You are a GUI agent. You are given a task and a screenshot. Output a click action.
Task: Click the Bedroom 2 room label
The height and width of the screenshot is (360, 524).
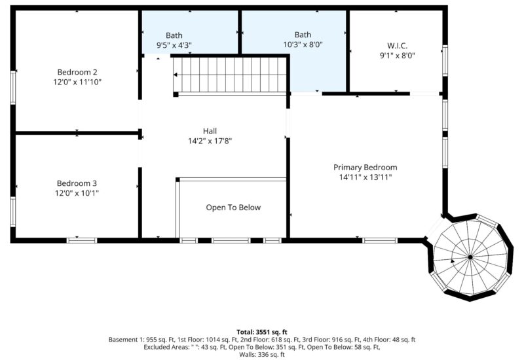(x=77, y=72)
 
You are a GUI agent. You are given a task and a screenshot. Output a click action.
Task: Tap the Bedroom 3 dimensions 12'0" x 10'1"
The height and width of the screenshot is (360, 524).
(x=77, y=193)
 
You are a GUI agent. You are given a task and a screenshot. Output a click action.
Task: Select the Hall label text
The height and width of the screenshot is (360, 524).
(x=210, y=131)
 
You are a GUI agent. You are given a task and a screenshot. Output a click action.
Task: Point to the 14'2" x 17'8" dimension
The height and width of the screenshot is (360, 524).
(x=210, y=141)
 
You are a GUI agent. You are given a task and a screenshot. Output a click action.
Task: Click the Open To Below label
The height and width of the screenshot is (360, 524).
(x=233, y=207)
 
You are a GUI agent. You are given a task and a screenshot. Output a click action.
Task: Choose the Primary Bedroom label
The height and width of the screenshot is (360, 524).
(x=365, y=168)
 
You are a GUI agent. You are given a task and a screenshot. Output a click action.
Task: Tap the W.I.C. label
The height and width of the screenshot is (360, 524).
(x=397, y=46)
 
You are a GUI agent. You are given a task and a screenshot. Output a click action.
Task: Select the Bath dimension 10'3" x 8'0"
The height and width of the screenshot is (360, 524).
(x=303, y=45)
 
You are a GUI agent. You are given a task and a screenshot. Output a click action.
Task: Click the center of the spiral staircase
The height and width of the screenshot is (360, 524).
(x=470, y=257)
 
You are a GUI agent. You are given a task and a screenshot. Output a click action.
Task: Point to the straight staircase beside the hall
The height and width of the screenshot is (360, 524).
(x=231, y=75)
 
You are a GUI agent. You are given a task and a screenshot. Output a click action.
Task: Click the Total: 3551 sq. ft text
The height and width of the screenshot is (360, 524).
(x=262, y=332)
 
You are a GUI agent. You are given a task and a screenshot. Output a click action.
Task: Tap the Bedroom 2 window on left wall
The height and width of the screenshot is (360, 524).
(x=12, y=87)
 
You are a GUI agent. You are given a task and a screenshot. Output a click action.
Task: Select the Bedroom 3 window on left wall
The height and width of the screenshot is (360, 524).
(x=12, y=212)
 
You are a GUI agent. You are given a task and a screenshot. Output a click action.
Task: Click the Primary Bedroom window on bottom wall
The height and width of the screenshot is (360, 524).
(x=380, y=240)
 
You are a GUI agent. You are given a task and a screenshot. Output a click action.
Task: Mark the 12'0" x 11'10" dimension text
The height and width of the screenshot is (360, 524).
(x=77, y=82)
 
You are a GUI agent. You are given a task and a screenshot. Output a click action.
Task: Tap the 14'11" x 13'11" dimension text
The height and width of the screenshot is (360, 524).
(x=365, y=177)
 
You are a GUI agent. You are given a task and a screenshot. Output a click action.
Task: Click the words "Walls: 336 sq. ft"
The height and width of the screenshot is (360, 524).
(x=262, y=355)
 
